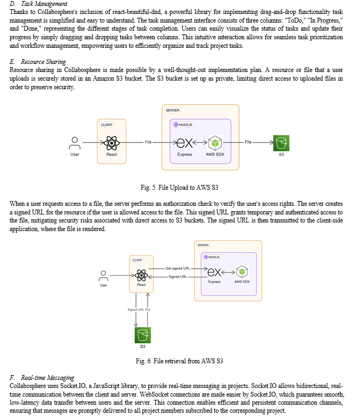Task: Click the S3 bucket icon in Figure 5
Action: click(x=281, y=143)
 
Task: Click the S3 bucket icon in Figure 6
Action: click(x=143, y=335)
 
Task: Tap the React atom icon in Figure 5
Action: click(x=112, y=143)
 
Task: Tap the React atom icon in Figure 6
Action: click(x=141, y=275)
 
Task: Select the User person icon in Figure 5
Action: click(x=75, y=143)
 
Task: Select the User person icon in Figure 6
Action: click(x=103, y=276)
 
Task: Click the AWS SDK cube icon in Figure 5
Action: click(x=215, y=143)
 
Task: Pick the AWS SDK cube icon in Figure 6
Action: click(x=242, y=272)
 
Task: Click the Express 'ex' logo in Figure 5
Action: click(x=184, y=143)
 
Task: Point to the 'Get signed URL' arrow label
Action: click(x=178, y=268)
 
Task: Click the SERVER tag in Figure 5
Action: click(x=172, y=110)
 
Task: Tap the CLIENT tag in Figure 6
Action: click(x=138, y=260)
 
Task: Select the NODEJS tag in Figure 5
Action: click(x=183, y=125)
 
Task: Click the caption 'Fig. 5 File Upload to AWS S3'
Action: click(x=179, y=188)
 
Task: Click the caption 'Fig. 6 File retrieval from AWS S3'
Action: click(x=179, y=361)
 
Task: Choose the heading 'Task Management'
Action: click(x=44, y=4)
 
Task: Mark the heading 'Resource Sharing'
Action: click(x=44, y=62)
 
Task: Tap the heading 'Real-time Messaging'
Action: click(x=48, y=378)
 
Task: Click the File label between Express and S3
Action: click(x=248, y=142)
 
